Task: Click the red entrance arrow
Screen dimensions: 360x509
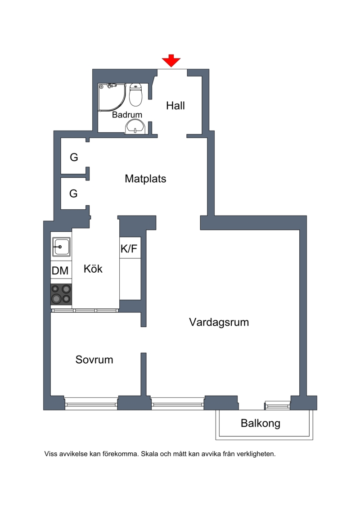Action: pyautogui.click(x=171, y=61)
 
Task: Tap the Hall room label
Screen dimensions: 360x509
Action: pyautogui.click(x=175, y=105)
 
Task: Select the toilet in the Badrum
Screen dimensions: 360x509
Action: pyautogui.click(x=136, y=95)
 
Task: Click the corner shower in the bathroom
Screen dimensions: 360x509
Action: pyautogui.click(x=112, y=97)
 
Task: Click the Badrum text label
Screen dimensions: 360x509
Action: pyautogui.click(x=127, y=115)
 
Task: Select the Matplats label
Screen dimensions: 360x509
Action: pyautogui.click(x=145, y=179)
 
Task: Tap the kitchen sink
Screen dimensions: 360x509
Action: pyautogui.click(x=61, y=247)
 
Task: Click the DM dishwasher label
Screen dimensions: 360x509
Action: pyautogui.click(x=60, y=270)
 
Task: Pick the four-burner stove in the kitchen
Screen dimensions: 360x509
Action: pyautogui.click(x=61, y=294)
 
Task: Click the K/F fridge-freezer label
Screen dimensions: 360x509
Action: pyautogui.click(x=129, y=249)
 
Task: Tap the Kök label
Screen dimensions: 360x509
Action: pyautogui.click(x=93, y=269)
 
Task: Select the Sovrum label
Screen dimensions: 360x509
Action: pyautogui.click(x=94, y=359)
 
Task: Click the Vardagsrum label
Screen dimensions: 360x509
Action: pyautogui.click(x=219, y=322)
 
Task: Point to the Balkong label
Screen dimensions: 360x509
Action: pyautogui.click(x=261, y=423)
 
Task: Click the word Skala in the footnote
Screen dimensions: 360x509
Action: pyautogui.click(x=150, y=454)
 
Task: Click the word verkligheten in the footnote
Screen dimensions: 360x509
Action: pyautogui.click(x=256, y=454)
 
